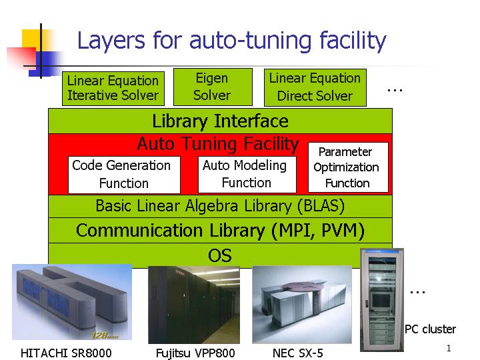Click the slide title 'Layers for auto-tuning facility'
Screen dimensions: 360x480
(x=231, y=41)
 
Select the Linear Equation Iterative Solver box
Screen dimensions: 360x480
(x=113, y=88)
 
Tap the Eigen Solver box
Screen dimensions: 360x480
(x=212, y=87)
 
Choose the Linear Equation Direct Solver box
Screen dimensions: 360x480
(x=315, y=87)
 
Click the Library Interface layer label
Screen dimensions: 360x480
(x=220, y=121)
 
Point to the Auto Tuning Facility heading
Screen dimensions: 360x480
(x=217, y=143)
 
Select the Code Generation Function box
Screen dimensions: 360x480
(x=124, y=174)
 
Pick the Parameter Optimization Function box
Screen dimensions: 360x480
(x=347, y=167)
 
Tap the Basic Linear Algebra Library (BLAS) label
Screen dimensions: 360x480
(x=220, y=206)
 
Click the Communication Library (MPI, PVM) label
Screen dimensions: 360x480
(x=220, y=231)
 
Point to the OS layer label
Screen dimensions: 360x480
(x=220, y=255)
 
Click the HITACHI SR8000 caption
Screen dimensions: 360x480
(x=66, y=353)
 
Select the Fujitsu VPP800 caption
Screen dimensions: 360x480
(x=195, y=353)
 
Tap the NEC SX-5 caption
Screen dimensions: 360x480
(x=298, y=353)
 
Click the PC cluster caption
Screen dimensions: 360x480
(x=431, y=329)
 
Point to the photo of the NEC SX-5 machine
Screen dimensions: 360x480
(x=302, y=303)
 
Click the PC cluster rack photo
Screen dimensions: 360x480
(x=381, y=300)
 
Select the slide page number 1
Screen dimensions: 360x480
(x=449, y=348)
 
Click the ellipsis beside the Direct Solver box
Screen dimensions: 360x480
(x=395, y=89)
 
